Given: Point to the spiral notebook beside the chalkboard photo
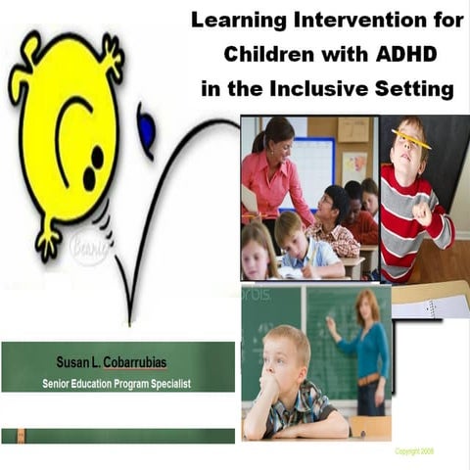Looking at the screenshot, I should coord(430,305).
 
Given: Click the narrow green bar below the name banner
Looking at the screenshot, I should coord(117,435).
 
